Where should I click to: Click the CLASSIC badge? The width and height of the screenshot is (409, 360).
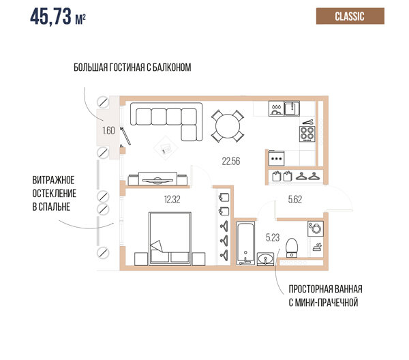[350, 16]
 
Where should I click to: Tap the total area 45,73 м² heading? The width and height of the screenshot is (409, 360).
[58, 16]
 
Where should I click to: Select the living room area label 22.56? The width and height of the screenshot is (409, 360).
[231, 161]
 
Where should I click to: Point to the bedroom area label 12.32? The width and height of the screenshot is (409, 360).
[172, 200]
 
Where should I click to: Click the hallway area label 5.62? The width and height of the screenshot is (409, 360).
[295, 200]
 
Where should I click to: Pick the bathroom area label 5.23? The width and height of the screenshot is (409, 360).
[273, 238]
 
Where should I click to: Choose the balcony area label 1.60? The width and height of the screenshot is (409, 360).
[108, 130]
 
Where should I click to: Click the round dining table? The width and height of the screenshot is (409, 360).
[228, 126]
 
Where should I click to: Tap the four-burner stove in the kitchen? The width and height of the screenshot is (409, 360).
[307, 134]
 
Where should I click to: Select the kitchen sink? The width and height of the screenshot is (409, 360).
[292, 108]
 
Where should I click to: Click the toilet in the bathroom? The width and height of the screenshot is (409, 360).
[292, 247]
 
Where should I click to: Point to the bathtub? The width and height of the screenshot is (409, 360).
[245, 243]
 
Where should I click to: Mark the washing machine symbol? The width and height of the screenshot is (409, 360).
[316, 229]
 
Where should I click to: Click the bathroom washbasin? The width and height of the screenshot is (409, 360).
[266, 259]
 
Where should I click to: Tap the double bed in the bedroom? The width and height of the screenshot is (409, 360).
[170, 239]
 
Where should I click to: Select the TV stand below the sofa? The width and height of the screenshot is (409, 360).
[158, 179]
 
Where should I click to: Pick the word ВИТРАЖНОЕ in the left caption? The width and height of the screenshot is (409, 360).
[53, 180]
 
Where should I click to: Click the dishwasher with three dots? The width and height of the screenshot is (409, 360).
[277, 158]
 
